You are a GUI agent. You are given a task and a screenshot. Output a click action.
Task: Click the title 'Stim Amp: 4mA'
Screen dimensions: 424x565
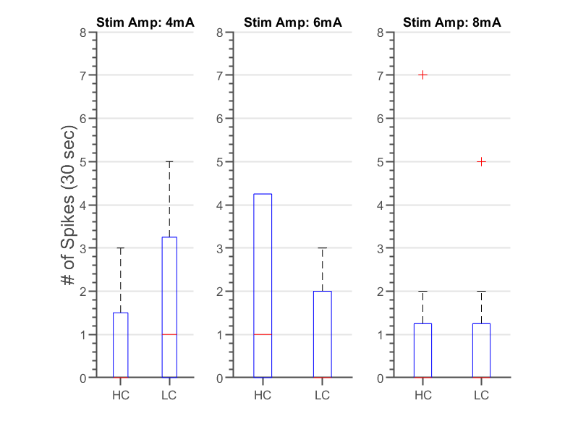coord(145,23)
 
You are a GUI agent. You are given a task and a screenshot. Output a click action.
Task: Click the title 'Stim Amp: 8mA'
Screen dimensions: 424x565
coord(451,23)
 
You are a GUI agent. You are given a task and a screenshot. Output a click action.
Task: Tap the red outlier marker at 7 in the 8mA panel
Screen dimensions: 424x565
coord(423,75)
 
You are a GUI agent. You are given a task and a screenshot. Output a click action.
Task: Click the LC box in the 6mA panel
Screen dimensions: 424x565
coord(323,334)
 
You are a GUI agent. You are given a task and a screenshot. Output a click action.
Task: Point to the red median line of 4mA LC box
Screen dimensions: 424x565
coord(169,334)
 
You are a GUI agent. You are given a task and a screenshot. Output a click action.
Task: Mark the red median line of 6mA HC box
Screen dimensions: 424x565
coord(263,334)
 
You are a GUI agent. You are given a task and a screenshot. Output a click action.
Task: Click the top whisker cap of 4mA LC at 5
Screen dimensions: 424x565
coord(169,161)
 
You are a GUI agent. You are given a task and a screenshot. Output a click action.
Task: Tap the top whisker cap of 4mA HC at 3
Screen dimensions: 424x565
coord(121,248)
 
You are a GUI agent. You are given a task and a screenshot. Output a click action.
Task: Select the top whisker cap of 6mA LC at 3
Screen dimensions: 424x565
coord(323,248)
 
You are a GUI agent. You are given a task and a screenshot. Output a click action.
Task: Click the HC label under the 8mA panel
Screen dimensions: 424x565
coord(423,395)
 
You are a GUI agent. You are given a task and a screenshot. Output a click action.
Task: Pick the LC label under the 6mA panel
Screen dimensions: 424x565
coord(323,395)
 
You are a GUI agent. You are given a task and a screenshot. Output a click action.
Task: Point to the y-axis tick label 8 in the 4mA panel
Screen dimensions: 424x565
coord(84,32)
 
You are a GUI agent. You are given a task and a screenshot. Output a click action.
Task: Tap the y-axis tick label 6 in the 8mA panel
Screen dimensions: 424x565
coord(384,118)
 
